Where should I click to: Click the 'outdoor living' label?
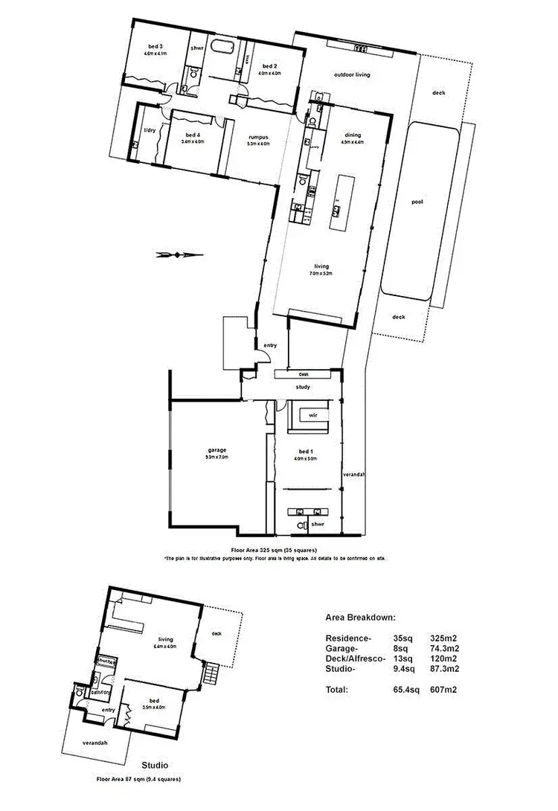[352, 74]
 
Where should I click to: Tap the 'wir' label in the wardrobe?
[313, 416]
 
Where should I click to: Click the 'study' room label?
[302, 387]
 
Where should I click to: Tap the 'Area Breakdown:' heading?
[360, 618]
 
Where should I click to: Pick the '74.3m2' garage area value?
[445, 649]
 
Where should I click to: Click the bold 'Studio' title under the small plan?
[155, 765]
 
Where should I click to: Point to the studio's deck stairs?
[213, 675]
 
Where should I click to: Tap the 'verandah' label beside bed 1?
[353, 474]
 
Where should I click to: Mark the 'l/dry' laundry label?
[149, 131]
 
